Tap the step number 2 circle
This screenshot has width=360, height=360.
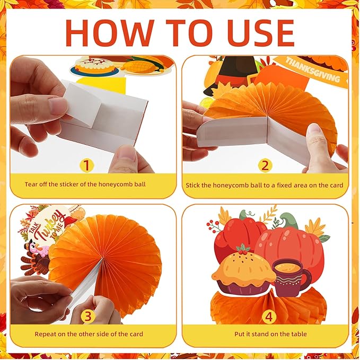point(265,165)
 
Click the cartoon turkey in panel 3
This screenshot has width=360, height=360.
point(34,254)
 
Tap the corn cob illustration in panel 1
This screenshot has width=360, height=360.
point(141,65)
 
